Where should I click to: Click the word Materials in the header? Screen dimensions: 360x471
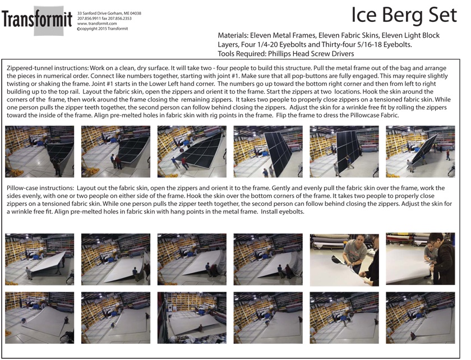(x=233, y=35)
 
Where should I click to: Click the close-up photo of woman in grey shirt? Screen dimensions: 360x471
(x=344, y=259)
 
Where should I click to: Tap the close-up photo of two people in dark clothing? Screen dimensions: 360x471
(x=420, y=259)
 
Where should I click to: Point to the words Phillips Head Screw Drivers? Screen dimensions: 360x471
(x=310, y=54)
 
